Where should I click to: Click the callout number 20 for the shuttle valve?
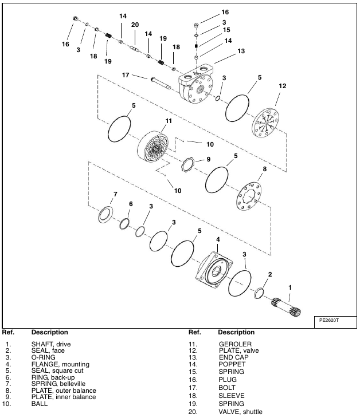135,25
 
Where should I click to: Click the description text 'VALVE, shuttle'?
241,411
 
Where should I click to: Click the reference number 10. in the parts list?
7,404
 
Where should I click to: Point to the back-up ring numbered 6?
124,223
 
